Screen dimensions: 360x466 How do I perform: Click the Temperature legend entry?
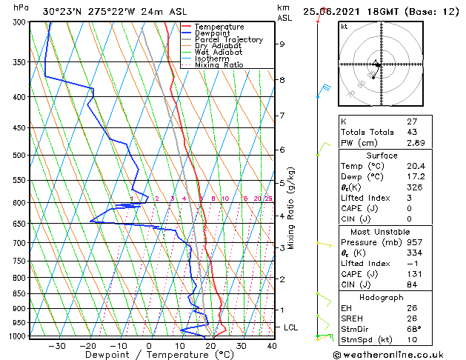pos(219,27)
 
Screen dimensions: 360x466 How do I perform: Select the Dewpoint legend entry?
pos(215,33)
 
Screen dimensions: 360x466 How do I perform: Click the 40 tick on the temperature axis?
pos(272,346)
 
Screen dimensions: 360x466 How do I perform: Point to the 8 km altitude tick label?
pos(282,80)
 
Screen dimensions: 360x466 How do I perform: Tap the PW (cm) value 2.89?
pos(415,142)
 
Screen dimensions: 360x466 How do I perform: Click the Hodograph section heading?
pos(382,297)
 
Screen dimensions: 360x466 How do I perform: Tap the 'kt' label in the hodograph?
pos(344,26)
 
